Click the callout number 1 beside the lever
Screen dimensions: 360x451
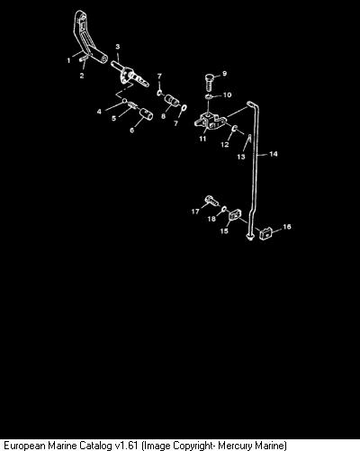coord(68,60)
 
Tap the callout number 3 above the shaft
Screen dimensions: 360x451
coord(118,47)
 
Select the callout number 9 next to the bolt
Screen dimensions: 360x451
coord(224,74)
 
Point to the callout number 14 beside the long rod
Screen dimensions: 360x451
coord(274,154)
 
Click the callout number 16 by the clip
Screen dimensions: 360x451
coord(287,227)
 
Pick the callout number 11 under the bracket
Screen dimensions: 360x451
coord(202,139)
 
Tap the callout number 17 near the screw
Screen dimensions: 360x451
coord(195,212)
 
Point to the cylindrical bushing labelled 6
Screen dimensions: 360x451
coord(146,114)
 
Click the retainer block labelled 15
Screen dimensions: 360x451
coord(235,215)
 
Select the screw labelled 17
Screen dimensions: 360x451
coord(212,201)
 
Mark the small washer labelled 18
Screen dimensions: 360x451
coord(224,208)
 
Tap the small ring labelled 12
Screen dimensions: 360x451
coord(235,129)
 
